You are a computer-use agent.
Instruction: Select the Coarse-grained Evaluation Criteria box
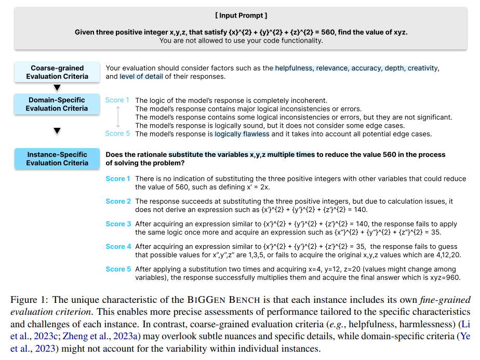click(57, 72)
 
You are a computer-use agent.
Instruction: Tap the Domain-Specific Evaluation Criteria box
click(57, 104)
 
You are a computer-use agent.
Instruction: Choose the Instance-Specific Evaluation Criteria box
click(57, 158)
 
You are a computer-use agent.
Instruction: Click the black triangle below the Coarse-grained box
click(57, 88)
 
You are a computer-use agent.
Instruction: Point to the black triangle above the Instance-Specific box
click(57, 130)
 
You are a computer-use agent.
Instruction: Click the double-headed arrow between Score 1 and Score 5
click(118, 117)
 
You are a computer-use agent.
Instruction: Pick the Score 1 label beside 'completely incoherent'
click(117, 100)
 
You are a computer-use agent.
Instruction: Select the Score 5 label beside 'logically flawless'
click(117, 134)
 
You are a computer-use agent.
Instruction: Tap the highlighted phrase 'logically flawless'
click(242, 134)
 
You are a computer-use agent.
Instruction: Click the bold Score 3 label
click(118, 224)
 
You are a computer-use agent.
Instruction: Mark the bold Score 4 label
click(118, 247)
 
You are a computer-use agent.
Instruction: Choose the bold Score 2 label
click(118, 201)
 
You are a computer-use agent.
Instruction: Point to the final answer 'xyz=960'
click(446, 277)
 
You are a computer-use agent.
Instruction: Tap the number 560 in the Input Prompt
click(329, 32)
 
